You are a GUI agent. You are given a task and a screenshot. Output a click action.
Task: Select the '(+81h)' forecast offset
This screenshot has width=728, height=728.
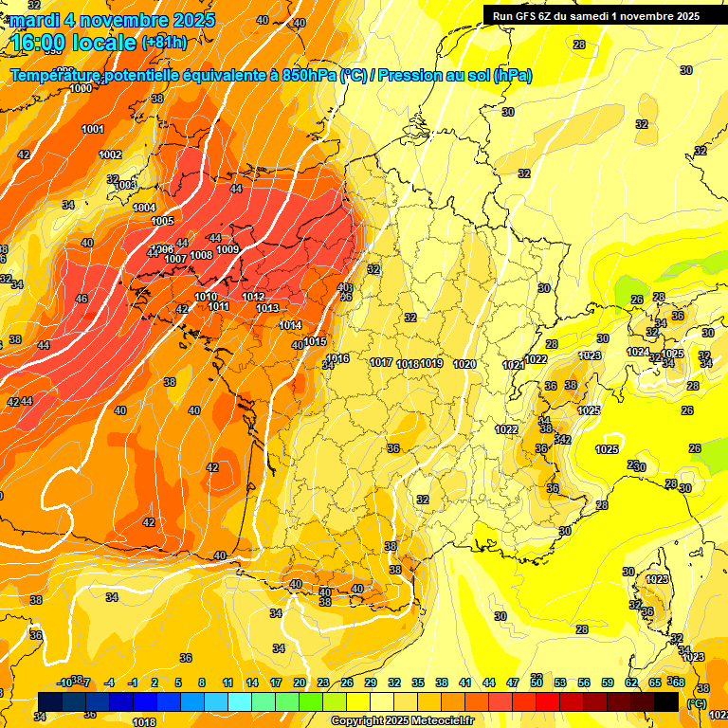pos(164,43)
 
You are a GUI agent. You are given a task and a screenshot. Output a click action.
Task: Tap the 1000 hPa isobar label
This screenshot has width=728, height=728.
pos(82,88)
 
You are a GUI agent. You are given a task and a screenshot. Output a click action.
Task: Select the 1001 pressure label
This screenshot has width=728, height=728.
pos(93,129)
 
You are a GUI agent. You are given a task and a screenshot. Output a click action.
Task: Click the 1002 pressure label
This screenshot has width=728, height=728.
pos(110,155)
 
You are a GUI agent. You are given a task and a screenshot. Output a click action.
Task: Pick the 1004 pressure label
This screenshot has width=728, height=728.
pos(144,208)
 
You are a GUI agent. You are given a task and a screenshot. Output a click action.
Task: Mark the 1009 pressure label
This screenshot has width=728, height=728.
pos(227,249)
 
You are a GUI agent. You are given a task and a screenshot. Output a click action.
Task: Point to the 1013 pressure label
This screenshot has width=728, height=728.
pos(266,308)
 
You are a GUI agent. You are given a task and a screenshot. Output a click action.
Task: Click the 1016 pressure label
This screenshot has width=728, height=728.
pos(338,358)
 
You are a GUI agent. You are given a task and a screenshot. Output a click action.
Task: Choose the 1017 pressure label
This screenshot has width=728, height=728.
pos(382,363)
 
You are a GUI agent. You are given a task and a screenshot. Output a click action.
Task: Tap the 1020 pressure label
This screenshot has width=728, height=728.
pos(464,364)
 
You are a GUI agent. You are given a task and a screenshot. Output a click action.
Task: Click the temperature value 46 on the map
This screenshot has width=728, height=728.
pos(82,299)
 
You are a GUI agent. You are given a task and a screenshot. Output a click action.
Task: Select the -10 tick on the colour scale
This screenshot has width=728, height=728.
pos(64,682)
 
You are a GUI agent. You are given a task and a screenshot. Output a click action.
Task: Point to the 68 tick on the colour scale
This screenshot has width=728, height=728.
pos(678,682)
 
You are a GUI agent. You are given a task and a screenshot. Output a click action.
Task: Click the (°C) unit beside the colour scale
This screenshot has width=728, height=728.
pos(697,703)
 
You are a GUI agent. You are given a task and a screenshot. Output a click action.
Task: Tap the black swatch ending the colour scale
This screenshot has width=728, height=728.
pos(666,701)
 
